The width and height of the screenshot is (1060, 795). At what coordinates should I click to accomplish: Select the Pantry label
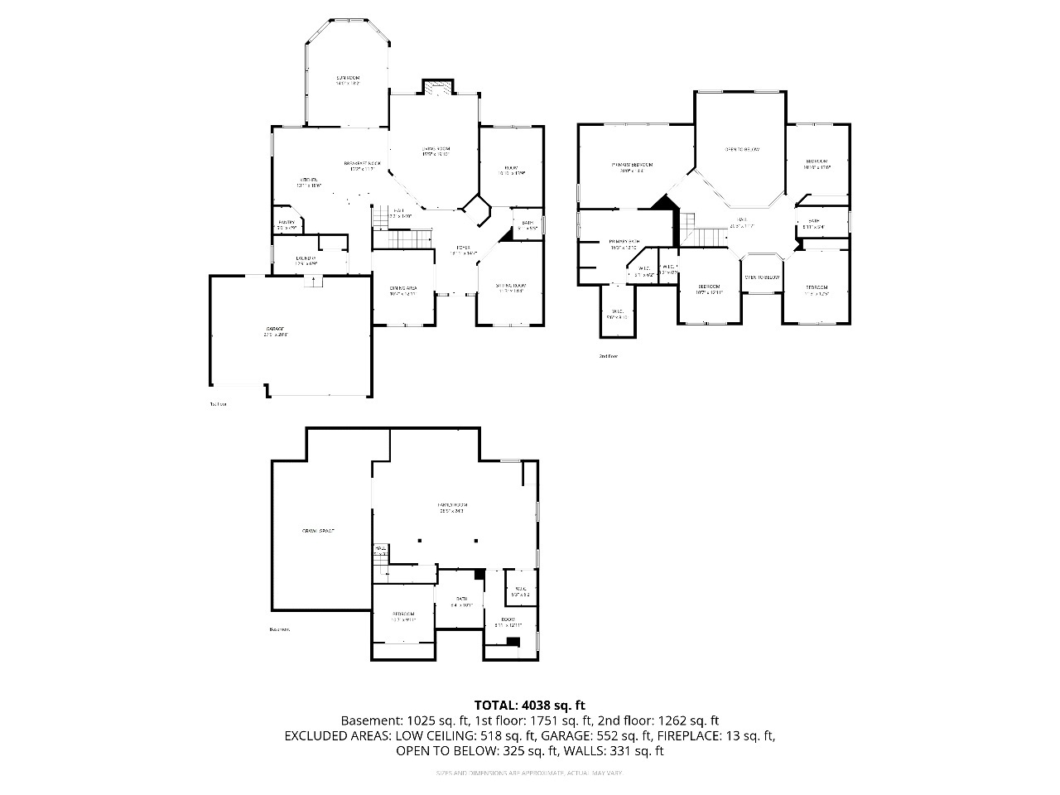[x=287, y=223]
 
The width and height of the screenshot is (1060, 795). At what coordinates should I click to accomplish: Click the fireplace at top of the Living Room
[x=436, y=87]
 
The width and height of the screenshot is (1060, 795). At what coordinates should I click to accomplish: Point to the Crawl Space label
[x=318, y=530]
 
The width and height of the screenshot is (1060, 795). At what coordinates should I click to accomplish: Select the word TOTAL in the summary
[x=494, y=706]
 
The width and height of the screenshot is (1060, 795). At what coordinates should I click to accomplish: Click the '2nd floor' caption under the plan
[x=609, y=356]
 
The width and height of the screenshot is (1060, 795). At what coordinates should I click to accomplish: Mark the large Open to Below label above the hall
[x=742, y=149]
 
